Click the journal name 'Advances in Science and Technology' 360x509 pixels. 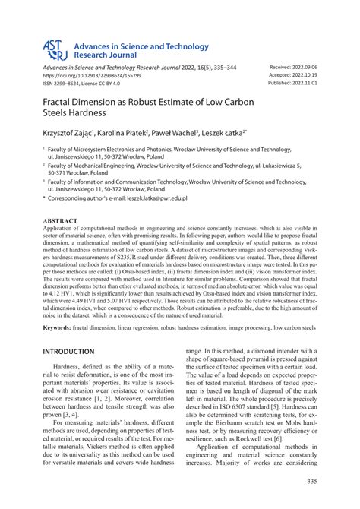(x=139, y=46)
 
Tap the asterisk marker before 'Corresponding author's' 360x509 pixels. (x=45, y=198)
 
